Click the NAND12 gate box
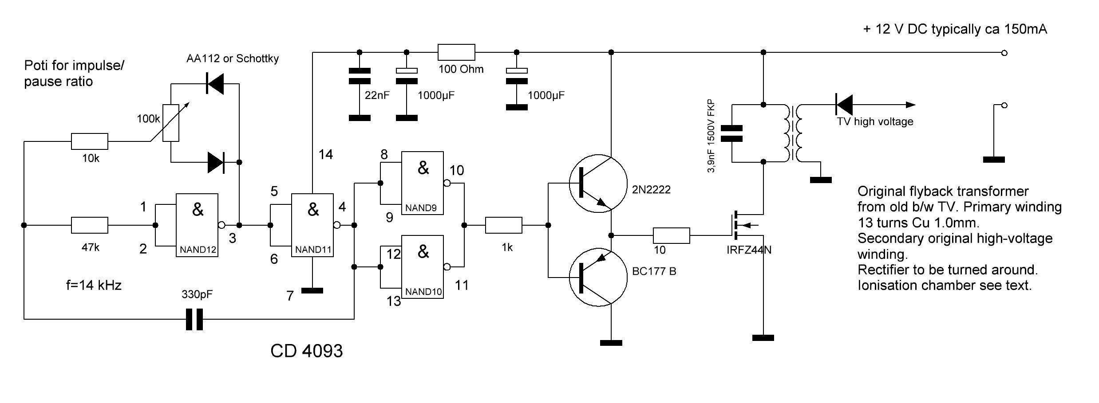click(197, 225)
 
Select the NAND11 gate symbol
click(312, 225)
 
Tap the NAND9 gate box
click(422, 183)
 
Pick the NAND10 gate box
click(422, 267)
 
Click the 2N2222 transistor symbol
click(597, 183)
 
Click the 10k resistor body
click(90, 141)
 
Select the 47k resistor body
click(90, 225)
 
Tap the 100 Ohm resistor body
click(456, 52)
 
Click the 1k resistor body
click(504, 225)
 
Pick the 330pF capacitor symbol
click(194, 319)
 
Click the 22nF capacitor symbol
click(360, 76)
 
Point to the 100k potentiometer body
click(171, 123)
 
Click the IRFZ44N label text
click(749, 250)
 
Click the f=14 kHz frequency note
click(94, 285)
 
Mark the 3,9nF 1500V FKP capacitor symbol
click(731, 133)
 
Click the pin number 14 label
click(326, 154)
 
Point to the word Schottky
click(257, 59)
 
